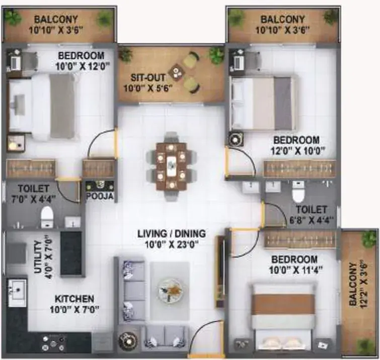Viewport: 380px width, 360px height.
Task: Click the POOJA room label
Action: [100, 196]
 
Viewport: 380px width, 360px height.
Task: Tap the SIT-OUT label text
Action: [148, 78]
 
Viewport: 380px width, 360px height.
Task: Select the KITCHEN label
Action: [74, 299]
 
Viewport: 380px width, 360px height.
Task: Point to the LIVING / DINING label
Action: [172, 234]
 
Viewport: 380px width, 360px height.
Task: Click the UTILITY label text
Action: [38, 257]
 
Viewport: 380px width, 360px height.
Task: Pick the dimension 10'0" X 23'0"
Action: [172, 244]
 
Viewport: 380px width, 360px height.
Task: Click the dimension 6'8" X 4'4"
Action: [312, 220]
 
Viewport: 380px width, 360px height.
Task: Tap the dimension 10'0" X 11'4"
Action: [296, 270]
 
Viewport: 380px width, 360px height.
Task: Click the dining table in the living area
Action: [172, 166]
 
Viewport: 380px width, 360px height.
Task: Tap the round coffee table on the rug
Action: [170, 290]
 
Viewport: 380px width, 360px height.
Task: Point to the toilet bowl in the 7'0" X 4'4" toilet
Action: [47, 217]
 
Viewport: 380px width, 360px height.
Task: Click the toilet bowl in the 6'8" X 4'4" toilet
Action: [298, 192]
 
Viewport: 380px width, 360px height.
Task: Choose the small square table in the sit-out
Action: [177, 72]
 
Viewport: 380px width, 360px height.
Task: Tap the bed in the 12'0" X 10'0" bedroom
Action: [263, 104]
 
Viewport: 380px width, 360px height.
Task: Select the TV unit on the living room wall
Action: [220, 272]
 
